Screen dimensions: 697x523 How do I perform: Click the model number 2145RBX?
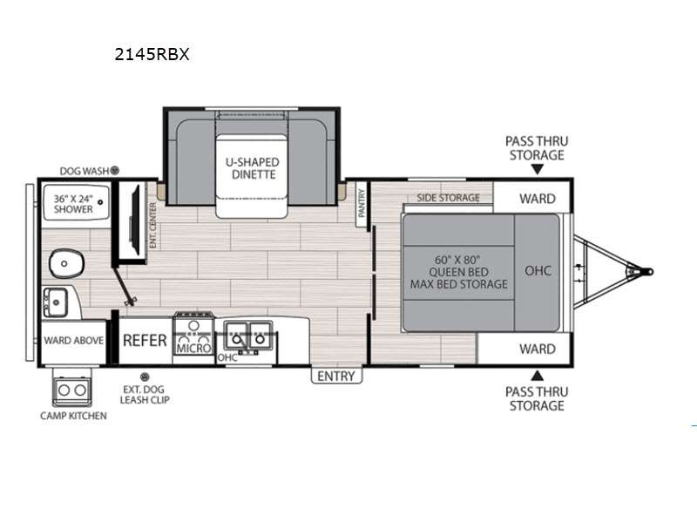tap(152, 54)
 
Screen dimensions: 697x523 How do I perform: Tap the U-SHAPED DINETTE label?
tap(253, 168)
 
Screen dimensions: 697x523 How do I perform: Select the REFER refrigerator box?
tap(145, 341)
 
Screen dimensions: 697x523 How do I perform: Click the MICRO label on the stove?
tap(193, 348)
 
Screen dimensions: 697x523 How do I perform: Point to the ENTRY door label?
tap(336, 377)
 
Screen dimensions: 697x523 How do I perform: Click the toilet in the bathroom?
tap(67, 263)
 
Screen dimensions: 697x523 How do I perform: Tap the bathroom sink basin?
tap(55, 302)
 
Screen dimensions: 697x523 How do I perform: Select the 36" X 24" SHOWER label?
tap(73, 204)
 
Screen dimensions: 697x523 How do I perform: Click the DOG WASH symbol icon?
tap(115, 170)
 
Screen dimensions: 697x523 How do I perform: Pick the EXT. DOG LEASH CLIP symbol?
tap(145, 377)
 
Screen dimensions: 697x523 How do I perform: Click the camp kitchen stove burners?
tap(72, 391)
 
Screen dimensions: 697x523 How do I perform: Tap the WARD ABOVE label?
tap(74, 341)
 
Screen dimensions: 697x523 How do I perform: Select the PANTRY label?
tap(362, 203)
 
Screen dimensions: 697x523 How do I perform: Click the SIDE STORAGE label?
tap(448, 198)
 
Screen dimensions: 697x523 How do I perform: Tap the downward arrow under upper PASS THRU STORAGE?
tap(538, 169)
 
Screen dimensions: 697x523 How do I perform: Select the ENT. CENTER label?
tap(153, 226)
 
